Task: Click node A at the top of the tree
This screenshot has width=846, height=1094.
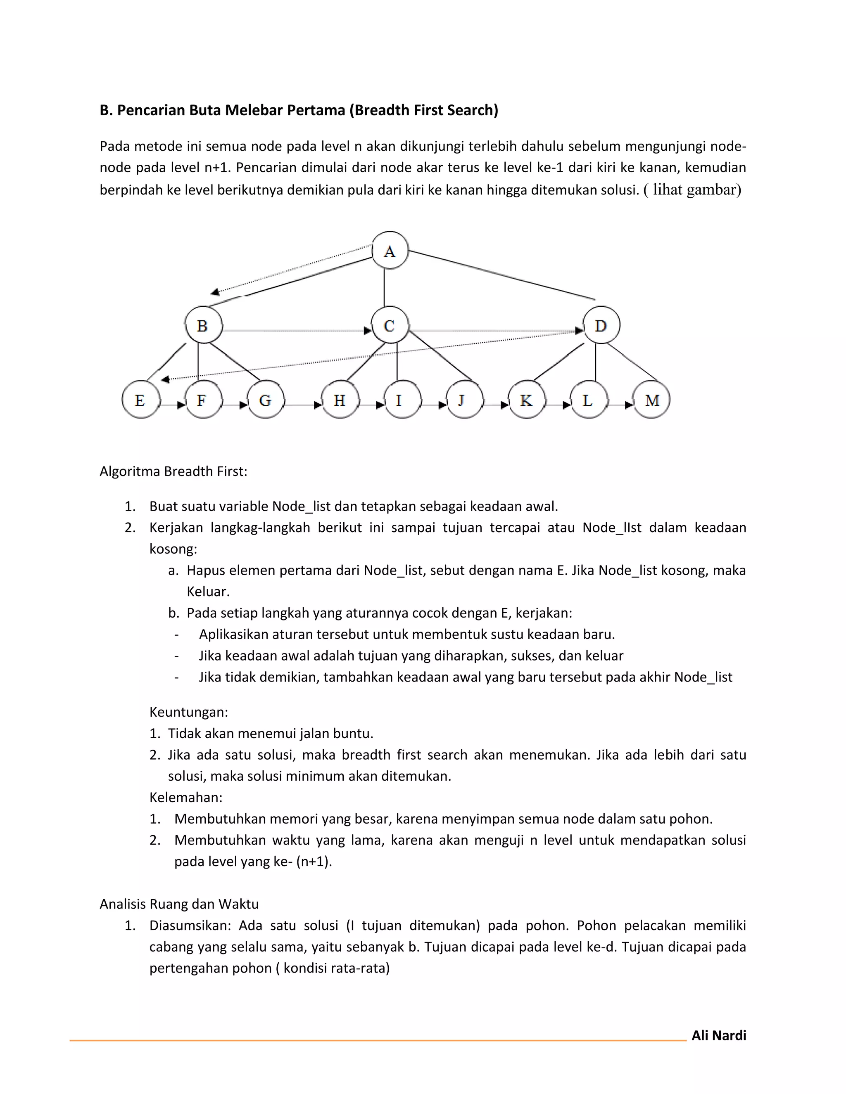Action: click(x=390, y=251)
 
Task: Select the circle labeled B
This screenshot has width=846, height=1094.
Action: click(x=203, y=325)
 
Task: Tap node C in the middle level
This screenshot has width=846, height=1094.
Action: click(x=390, y=325)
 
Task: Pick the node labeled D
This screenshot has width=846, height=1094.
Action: click(x=601, y=325)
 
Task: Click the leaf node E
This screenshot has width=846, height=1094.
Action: click(x=141, y=400)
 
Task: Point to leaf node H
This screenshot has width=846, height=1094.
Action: click(x=340, y=400)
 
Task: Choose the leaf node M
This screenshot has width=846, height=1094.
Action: click(x=651, y=400)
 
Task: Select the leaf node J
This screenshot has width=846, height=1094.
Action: click(x=464, y=400)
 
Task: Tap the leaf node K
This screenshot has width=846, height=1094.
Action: click(x=526, y=400)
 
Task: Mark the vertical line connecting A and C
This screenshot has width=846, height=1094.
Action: click(x=385, y=287)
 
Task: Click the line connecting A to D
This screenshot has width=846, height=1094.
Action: click(x=501, y=275)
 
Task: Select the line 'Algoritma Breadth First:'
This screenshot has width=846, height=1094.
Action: click(x=173, y=471)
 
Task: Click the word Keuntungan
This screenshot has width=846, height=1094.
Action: click(x=188, y=712)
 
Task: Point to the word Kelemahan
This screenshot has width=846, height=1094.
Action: click(x=185, y=798)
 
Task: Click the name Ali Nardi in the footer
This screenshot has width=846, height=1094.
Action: click(x=718, y=1035)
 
